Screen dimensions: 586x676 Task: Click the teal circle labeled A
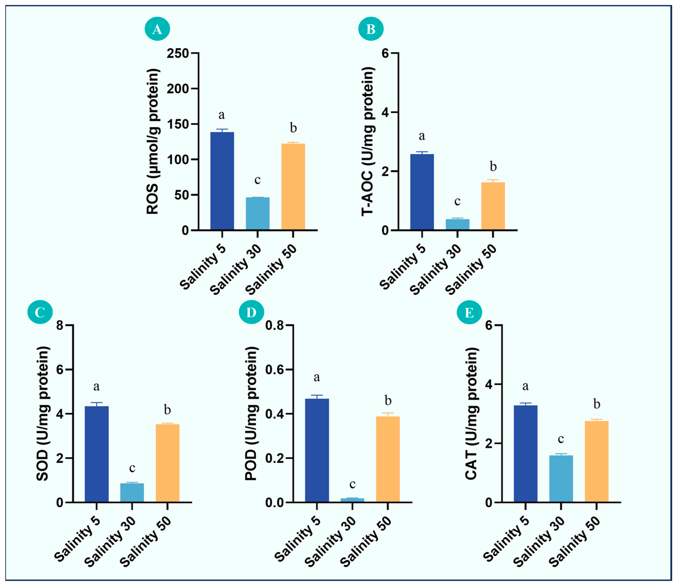pos(157,29)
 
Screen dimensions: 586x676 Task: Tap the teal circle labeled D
pos(251,313)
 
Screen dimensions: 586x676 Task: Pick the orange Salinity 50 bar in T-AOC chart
pos(493,206)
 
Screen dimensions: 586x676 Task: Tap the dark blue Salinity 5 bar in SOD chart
pos(97,454)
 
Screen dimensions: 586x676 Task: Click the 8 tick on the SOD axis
pos(60,325)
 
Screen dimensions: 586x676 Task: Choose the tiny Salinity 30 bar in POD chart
pos(352,500)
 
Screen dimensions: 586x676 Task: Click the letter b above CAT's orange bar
pos(596,404)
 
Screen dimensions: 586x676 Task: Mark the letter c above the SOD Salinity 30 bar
pos(132,468)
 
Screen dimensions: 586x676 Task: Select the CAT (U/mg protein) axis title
pos(471,414)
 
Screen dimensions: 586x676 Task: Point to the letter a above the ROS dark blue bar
pos(222,115)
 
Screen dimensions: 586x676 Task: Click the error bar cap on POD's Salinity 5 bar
pos(317,395)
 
